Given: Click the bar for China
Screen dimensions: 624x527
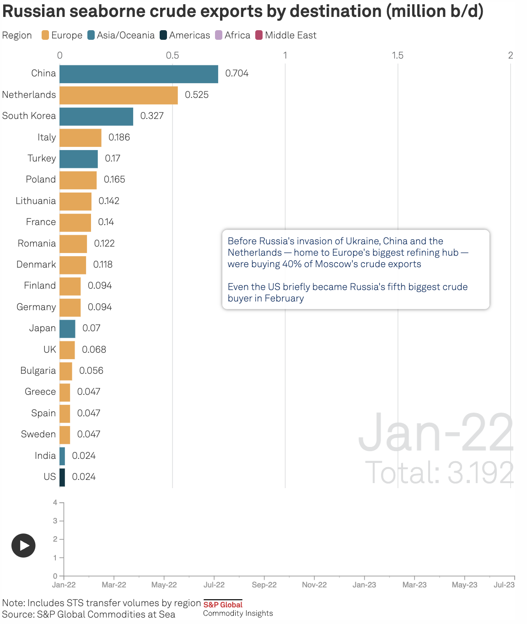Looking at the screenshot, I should coord(139,74).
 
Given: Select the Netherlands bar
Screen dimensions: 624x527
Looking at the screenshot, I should coord(118,95).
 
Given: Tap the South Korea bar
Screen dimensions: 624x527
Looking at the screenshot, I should coord(96,116).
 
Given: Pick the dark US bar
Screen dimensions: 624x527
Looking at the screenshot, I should coord(62,477).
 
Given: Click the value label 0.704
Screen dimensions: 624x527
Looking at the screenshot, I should coord(237,74).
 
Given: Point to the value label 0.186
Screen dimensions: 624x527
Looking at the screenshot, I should coord(119,137).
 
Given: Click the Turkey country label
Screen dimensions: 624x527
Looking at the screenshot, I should coord(42,158).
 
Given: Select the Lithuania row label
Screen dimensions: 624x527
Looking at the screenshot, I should coord(36,201).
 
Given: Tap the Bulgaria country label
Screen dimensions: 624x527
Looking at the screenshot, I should coord(38,371).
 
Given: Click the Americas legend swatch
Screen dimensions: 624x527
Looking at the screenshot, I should coord(163,35).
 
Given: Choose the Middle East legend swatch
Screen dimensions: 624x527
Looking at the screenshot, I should coord(259,35).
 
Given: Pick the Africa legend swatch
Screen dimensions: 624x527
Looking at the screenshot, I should coord(219,35).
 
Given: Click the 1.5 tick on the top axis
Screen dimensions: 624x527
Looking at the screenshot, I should coord(398,55).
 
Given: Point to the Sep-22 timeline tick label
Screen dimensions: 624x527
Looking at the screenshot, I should coord(264,585).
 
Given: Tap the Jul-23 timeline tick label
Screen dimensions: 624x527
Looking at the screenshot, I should coord(504,585).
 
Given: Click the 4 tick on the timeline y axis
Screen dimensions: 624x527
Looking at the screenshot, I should coord(55,502).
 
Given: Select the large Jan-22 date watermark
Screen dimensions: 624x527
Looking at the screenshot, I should coord(436,432).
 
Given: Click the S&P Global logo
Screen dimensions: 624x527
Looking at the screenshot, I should coord(223,605).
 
